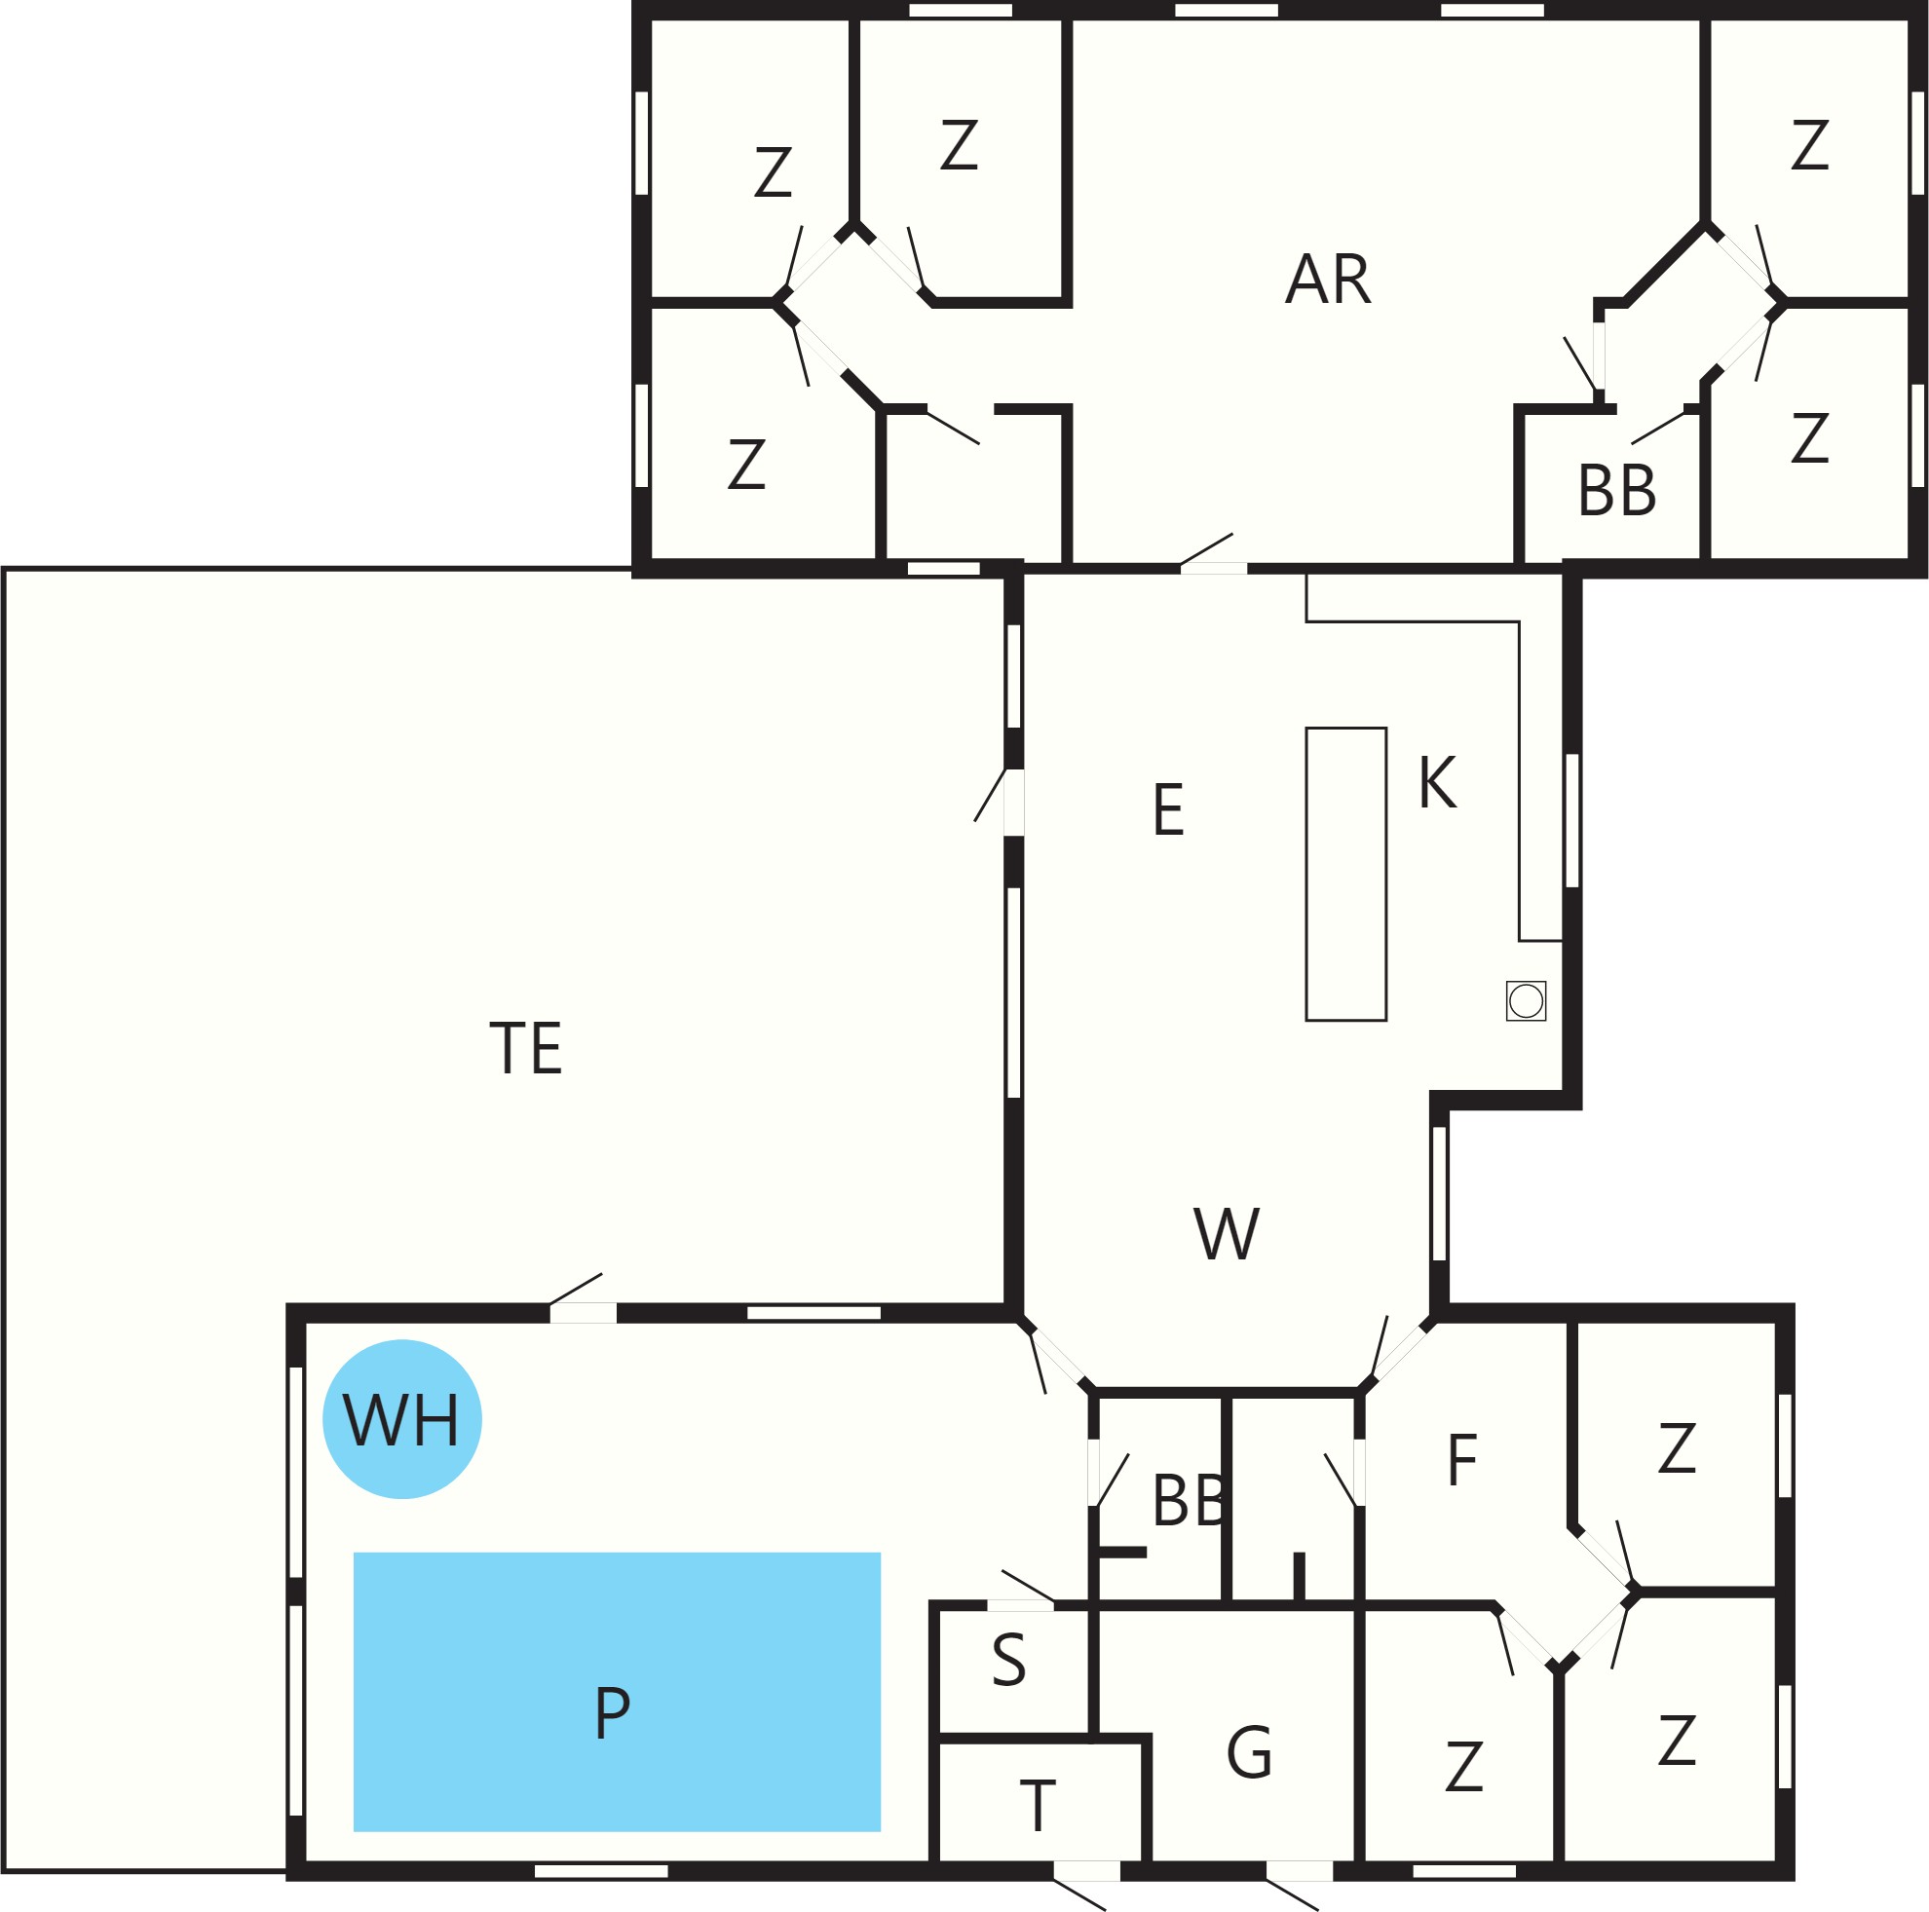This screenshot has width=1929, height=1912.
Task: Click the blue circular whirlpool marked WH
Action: (x=402, y=1419)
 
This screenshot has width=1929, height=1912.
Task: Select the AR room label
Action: (x=1328, y=280)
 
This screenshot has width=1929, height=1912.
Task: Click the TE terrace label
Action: (x=526, y=1048)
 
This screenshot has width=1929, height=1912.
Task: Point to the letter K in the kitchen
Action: (x=1438, y=783)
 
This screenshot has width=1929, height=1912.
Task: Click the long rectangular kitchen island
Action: (x=1345, y=875)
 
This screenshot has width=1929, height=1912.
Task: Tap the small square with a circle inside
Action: (x=1526, y=1000)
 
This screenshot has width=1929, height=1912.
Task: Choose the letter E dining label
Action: (x=1168, y=809)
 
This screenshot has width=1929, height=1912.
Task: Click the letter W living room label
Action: (x=1228, y=1234)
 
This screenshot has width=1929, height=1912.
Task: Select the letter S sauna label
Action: (x=1009, y=1660)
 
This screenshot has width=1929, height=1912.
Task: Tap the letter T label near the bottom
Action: (x=1039, y=1806)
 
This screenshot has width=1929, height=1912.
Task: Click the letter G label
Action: (x=1249, y=1752)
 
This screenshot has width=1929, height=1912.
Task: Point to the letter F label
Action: (x=1461, y=1460)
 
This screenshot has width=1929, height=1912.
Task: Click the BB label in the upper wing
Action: (x=1616, y=490)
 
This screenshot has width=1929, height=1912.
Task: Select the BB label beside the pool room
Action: (x=1189, y=1500)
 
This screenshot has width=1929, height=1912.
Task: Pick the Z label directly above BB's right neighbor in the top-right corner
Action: (x=1810, y=146)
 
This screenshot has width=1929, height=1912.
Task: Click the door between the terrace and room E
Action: (x=1013, y=802)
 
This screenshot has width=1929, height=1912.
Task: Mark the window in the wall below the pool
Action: (x=601, y=1871)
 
